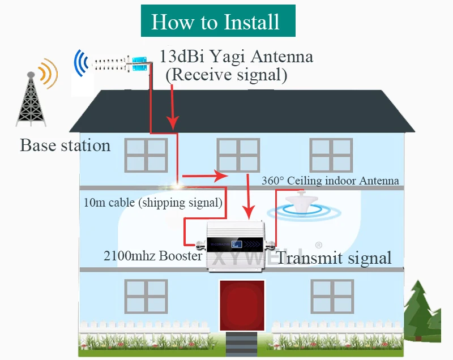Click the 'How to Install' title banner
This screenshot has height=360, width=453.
pyautogui.click(x=218, y=22)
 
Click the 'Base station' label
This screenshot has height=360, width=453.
pyautogui.click(x=65, y=145)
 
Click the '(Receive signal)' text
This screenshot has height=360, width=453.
pyautogui.click(x=226, y=75)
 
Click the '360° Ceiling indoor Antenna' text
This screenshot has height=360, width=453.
pyautogui.click(x=330, y=181)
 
